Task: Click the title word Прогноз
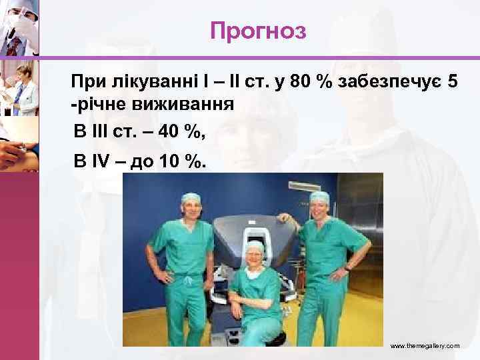click(x=257, y=30)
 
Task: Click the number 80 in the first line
click(x=303, y=83)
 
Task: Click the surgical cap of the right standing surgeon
click(x=319, y=197)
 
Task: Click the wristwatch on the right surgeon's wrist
click(x=347, y=268)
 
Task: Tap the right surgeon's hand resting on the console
click(x=283, y=217)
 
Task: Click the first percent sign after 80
click(x=325, y=83)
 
